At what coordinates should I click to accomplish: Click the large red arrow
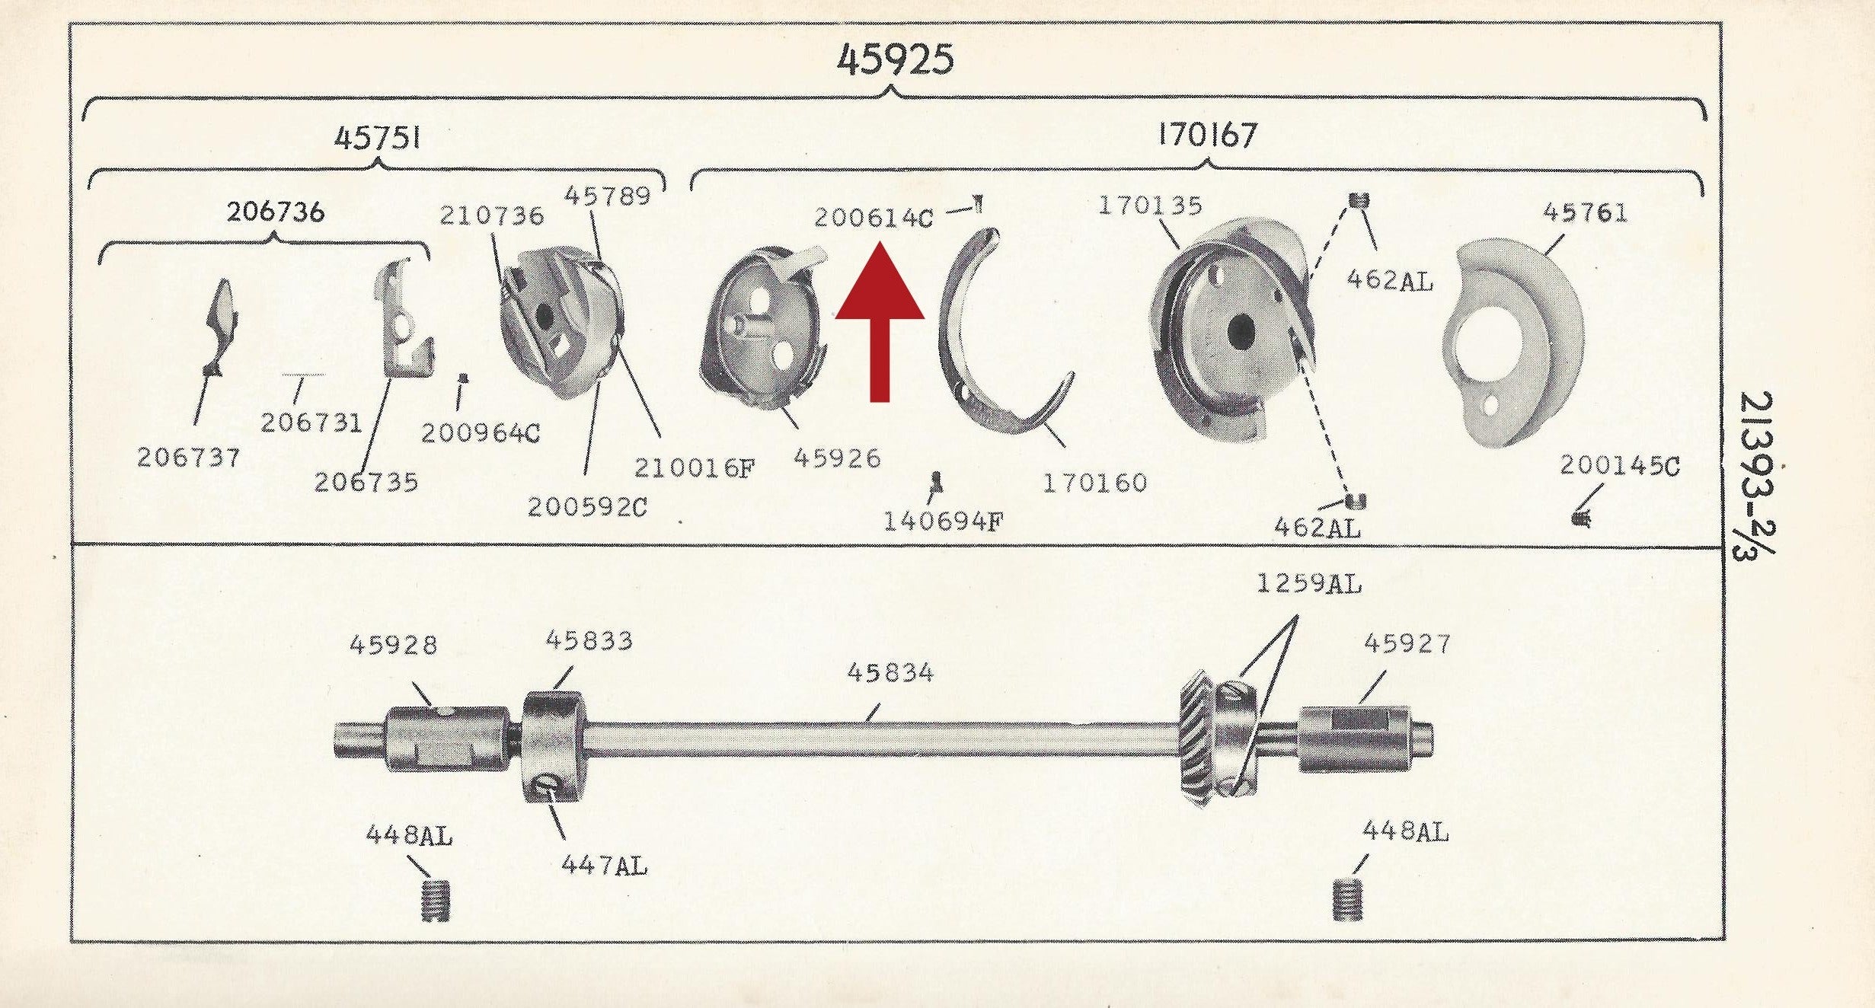coord(880,320)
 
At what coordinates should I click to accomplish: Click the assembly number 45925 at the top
coord(895,59)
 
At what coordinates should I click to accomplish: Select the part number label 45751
coord(378,138)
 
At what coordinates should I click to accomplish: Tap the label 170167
coord(1207,136)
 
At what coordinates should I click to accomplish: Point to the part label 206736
coord(276,212)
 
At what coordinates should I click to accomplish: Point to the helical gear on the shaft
coord(1197,738)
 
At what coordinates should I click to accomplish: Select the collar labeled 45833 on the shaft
coord(554,746)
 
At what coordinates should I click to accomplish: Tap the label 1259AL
coord(1308,585)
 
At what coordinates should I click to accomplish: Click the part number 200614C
coord(874,219)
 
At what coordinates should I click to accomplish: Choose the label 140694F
coord(943,522)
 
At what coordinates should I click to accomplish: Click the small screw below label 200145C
coord(1581,518)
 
